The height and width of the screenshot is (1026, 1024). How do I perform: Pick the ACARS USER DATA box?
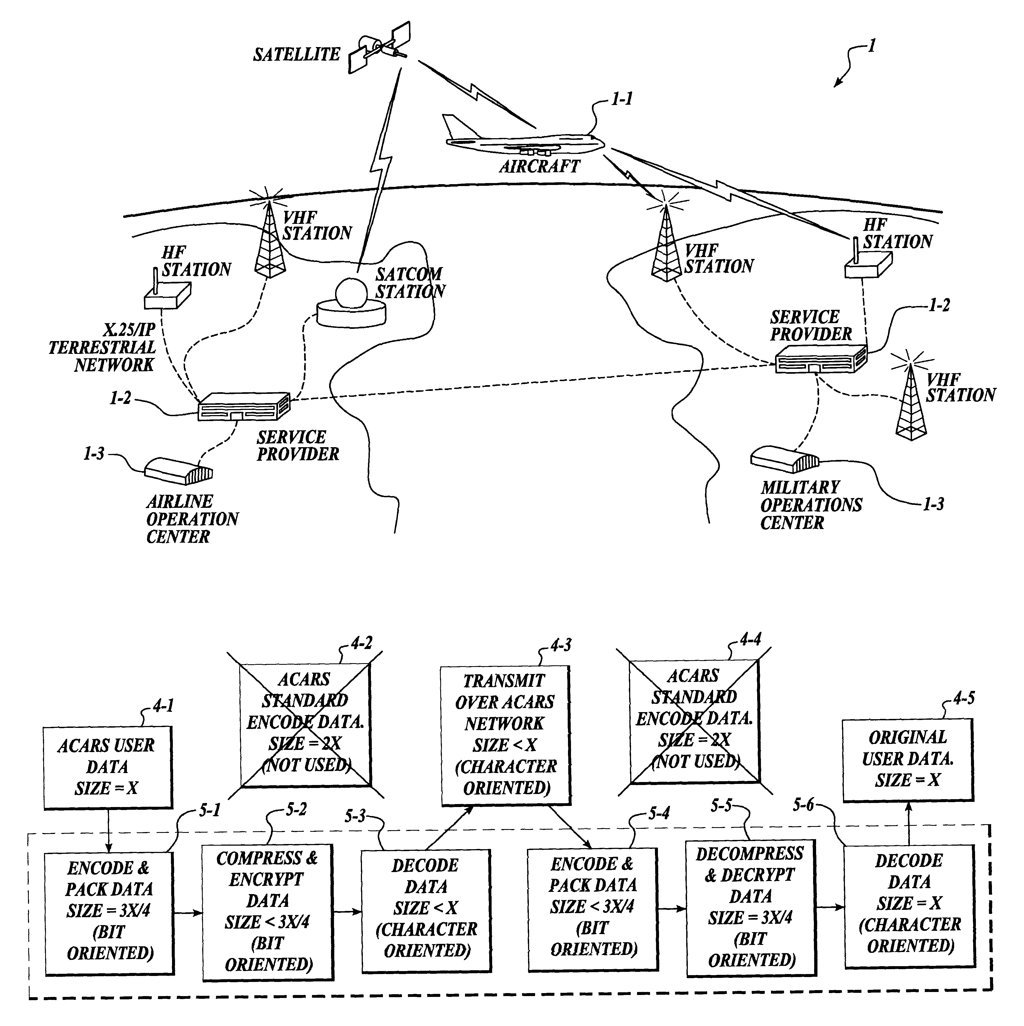coord(108,767)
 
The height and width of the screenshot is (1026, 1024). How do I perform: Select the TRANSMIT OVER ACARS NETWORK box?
coord(506,734)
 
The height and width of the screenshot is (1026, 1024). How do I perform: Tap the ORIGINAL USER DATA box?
coord(908,760)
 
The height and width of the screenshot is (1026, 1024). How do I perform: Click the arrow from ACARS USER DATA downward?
coord(108,830)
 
